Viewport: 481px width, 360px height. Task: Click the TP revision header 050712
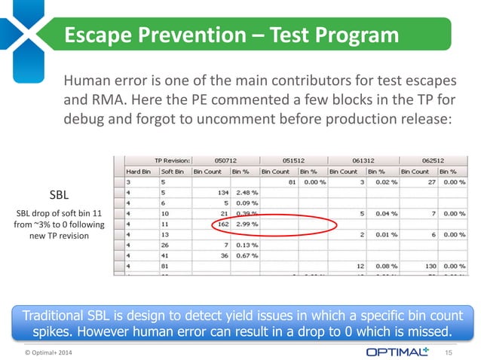tap(225, 160)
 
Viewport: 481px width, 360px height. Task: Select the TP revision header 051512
tap(295, 160)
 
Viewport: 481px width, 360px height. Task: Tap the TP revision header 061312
tap(364, 160)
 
